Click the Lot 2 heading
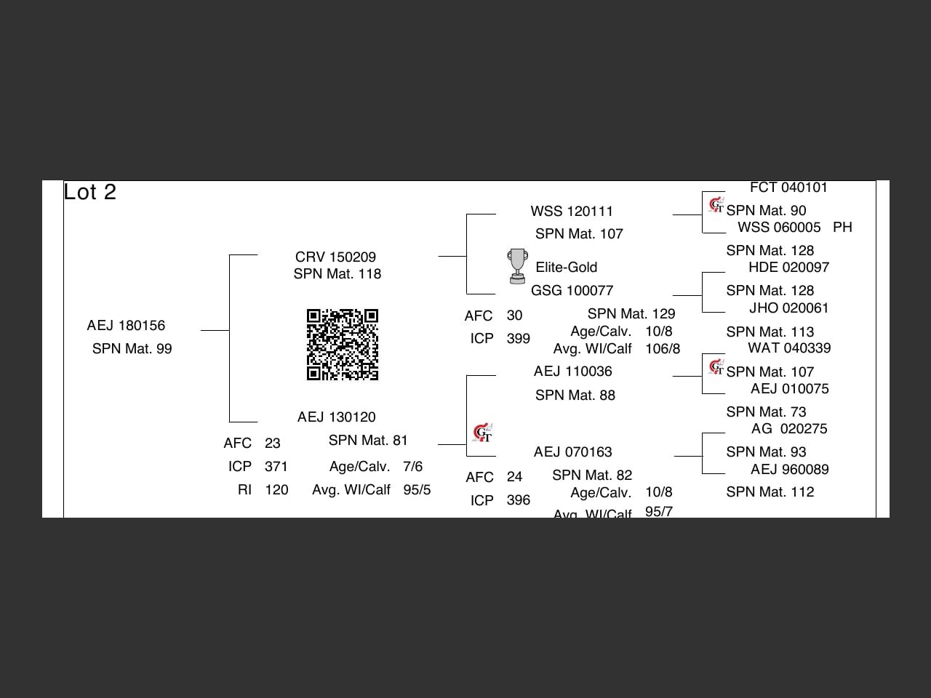tap(89, 192)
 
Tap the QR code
tap(343, 345)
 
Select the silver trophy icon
tap(517, 266)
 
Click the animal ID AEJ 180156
tap(126, 326)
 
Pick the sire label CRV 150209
tap(335, 257)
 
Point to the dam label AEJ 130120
tap(336, 417)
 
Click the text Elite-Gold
tap(566, 268)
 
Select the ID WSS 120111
tap(572, 212)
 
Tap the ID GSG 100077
tap(572, 291)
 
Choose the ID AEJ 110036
tap(572, 372)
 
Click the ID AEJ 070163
tap(572, 452)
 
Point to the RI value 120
tap(276, 490)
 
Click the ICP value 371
tap(276, 467)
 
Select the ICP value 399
tap(518, 339)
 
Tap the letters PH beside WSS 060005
tap(842, 228)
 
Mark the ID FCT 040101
tap(788, 188)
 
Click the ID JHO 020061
tap(788, 308)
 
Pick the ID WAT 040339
tap(789, 348)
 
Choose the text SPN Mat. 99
tap(132, 349)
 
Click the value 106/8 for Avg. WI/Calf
tap(662, 349)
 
